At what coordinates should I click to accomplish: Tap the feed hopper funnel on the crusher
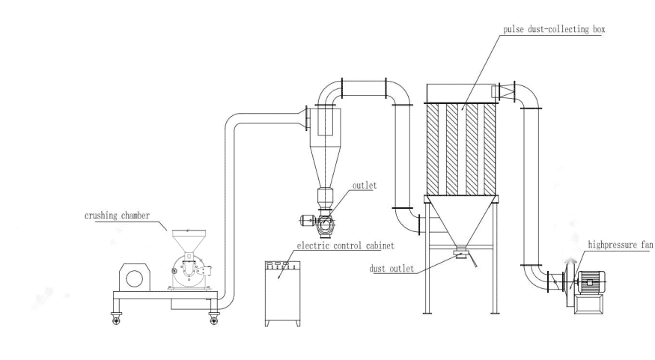click(x=185, y=242)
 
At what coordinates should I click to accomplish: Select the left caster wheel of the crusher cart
click(x=117, y=320)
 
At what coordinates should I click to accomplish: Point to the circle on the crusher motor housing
click(x=135, y=278)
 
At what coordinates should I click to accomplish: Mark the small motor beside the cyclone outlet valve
click(x=305, y=220)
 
